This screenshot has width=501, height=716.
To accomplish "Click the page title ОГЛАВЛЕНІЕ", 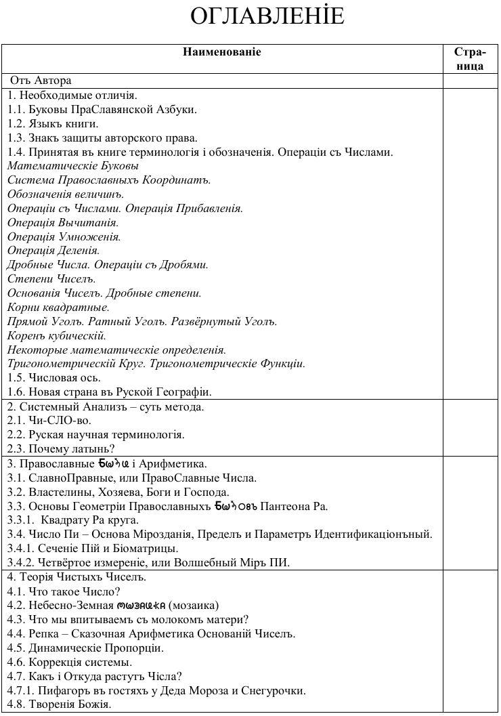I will tap(267, 16).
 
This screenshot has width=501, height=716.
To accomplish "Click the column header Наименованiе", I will tap(221, 52).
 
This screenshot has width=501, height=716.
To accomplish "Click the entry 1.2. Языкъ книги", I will tap(53, 123).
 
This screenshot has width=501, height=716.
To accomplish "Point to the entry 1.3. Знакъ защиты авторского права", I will tap(102, 138).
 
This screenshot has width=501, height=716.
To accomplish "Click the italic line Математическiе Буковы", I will tap(73, 165).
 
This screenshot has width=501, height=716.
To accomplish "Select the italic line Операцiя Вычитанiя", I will tap(63, 222).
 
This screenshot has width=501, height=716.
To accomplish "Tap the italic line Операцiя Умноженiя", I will tap(64, 236).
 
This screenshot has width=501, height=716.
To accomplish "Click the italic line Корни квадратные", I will tap(58, 307).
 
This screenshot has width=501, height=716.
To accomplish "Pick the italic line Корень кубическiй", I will tap(57, 335).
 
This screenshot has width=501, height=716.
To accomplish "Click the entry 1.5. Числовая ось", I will tap(54, 377).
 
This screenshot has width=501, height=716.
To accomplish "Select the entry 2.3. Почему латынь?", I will tap(61, 448).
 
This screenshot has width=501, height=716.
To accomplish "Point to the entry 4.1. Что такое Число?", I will tap(64, 591).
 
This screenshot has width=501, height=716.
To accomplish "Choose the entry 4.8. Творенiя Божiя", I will tap(59, 705).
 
